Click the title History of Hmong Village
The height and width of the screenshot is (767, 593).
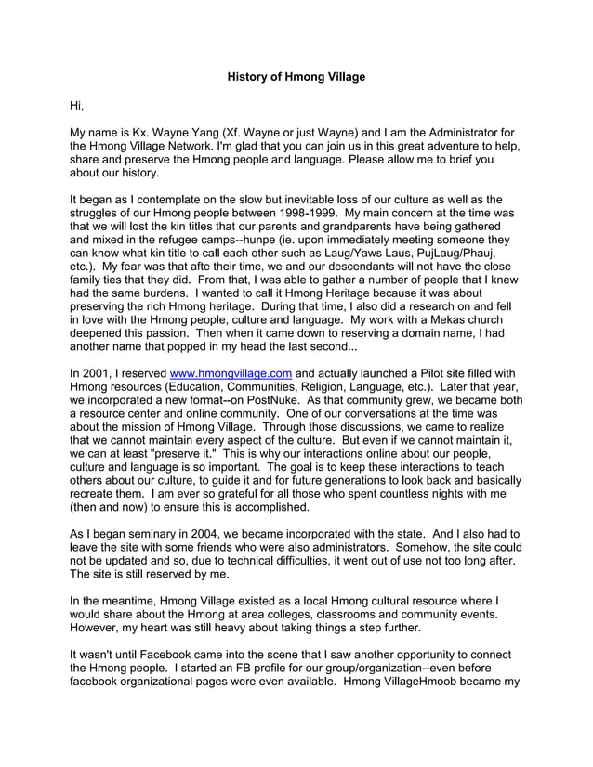tap(296, 76)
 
